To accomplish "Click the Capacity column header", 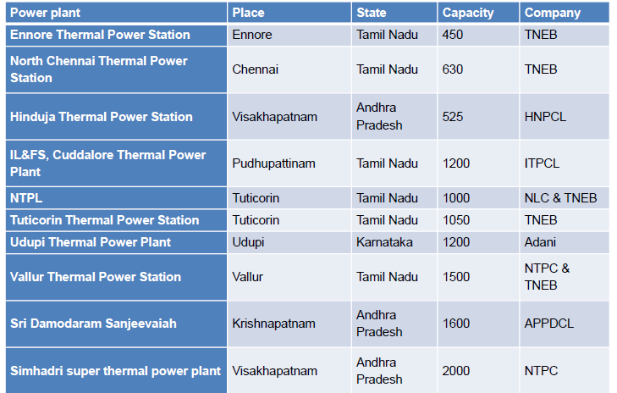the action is (468, 13).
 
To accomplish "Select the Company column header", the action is (553, 13).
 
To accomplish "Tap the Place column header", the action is (248, 13).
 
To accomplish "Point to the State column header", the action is (372, 13).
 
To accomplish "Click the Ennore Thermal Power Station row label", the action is (100, 35).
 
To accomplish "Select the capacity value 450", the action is (453, 35).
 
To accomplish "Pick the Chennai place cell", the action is (255, 69).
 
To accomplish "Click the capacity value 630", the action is (453, 69).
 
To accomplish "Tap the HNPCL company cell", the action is (545, 117).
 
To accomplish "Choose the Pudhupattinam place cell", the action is (273, 163).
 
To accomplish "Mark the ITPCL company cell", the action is (542, 163).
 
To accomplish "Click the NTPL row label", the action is (26, 197).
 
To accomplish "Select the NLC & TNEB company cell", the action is (560, 197).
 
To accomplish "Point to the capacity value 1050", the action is (456, 219).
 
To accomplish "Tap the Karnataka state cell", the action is (384, 241).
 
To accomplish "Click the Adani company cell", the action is (540, 241).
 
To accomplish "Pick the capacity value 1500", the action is (456, 276).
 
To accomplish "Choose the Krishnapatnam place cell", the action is (273, 324).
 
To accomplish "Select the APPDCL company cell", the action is (548, 324).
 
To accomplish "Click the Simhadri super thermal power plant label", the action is (115, 371).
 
